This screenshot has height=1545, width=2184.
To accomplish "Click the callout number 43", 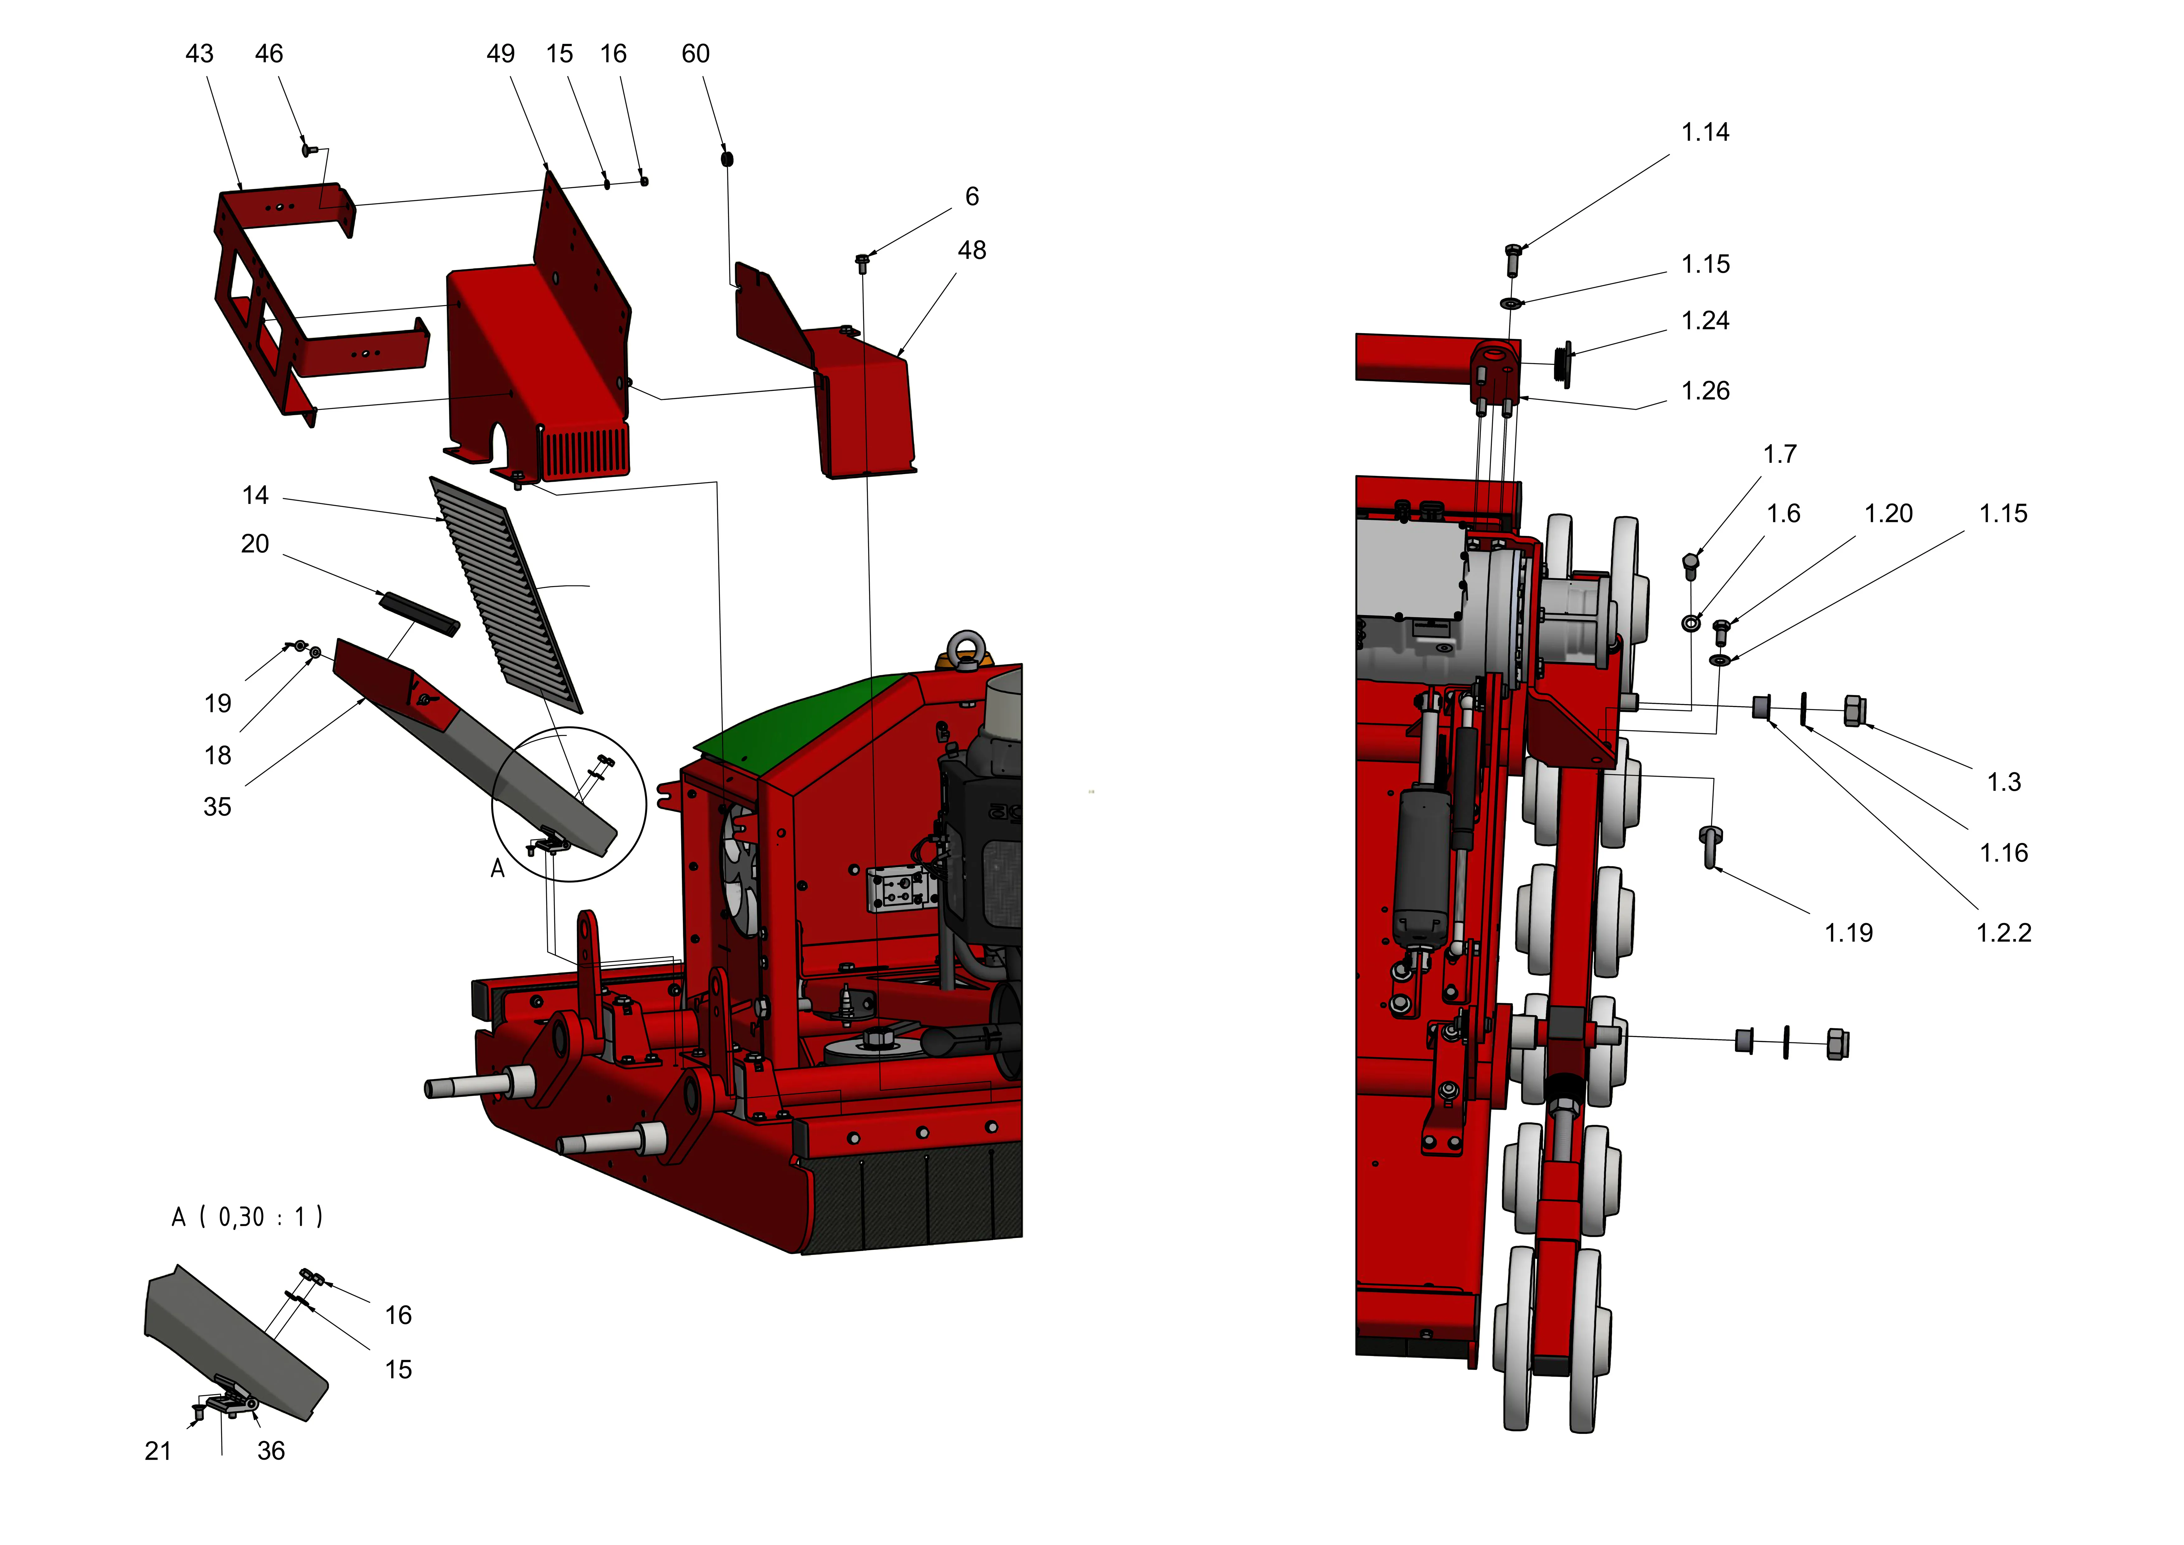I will pyautogui.click(x=199, y=54).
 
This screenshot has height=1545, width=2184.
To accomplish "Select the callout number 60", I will pyautogui.click(x=695, y=54).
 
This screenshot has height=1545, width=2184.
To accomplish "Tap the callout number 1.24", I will pyautogui.click(x=1704, y=320).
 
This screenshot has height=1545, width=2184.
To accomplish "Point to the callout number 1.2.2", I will pyautogui.click(x=2003, y=933).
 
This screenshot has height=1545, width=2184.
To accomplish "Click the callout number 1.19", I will pyautogui.click(x=1848, y=933).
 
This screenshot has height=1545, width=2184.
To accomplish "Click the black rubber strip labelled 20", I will pyautogui.click(x=419, y=614).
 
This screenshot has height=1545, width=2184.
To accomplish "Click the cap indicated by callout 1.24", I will pyautogui.click(x=1561, y=364).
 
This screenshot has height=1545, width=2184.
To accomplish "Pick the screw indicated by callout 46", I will pyautogui.click(x=306, y=150).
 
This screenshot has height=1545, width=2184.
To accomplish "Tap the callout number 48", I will pyautogui.click(x=971, y=250).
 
